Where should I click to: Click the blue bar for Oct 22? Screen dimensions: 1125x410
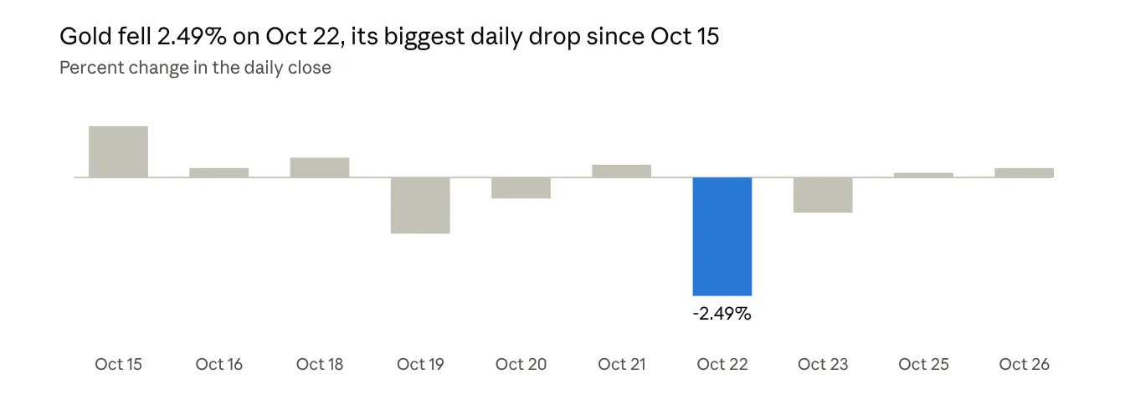(722, 236)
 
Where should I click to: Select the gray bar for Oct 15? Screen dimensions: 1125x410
(119, 151)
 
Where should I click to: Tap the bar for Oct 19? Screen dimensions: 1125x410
(420, 205)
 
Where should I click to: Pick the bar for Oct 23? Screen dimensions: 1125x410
(823, 195)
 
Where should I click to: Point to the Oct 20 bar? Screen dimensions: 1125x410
(521, 187)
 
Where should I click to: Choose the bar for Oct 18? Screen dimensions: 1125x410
(320, 167)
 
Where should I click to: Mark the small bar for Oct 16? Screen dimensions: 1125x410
(219, 172)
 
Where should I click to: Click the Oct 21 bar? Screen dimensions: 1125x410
(622, 172)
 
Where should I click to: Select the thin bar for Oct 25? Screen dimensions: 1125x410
(923, 175)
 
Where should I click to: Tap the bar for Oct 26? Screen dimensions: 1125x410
(1024, 172)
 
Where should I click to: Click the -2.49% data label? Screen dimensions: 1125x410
(722, 314)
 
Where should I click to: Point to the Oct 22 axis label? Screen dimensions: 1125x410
(722, 364)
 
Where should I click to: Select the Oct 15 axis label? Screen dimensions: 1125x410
(119, 364)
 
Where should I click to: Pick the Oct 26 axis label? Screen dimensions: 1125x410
(1024, 364)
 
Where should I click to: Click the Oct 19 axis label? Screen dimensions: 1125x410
(420, 364)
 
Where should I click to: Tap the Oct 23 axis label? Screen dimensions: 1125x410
(823, 364)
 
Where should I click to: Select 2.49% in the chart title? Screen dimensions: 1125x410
(192, 36)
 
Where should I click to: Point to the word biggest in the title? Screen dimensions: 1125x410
(424, 37)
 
